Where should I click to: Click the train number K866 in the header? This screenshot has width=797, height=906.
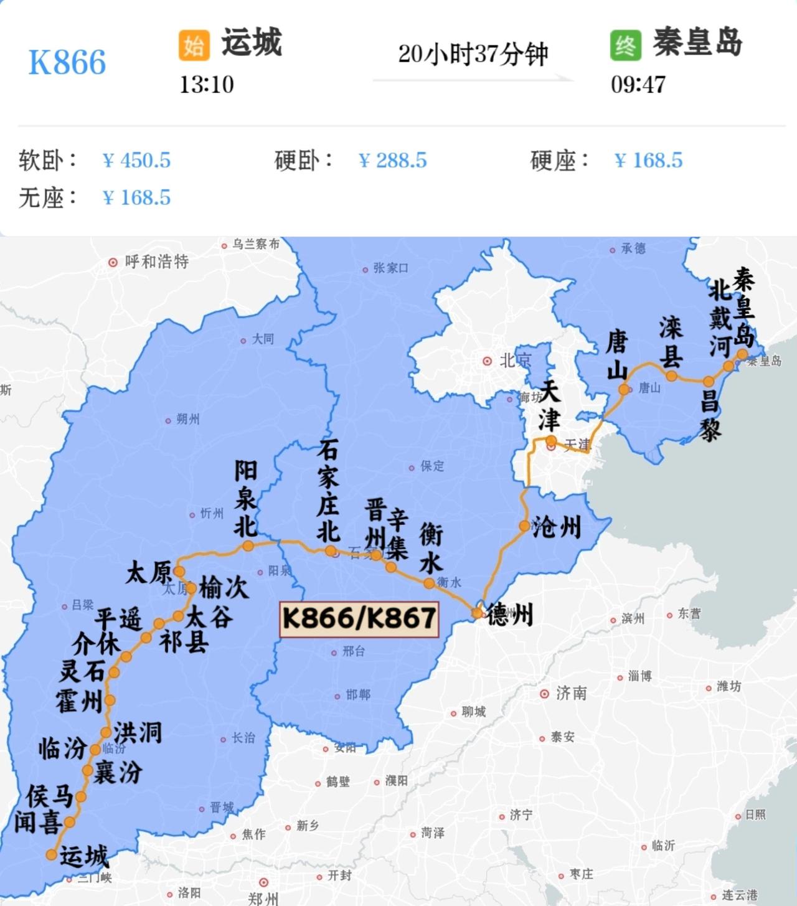tap(67, 62)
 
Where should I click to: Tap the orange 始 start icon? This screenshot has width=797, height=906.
tap(194, 45)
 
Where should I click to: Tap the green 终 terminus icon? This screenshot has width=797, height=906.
tap(625, 45)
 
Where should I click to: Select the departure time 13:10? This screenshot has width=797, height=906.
tap(207, 85)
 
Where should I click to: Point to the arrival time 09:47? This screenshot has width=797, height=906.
tap(638, 85)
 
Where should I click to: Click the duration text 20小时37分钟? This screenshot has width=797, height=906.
tap(473, 54)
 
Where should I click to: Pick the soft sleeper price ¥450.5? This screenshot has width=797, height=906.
tap(136, 161)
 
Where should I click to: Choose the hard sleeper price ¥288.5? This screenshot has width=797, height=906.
tap(393, 161)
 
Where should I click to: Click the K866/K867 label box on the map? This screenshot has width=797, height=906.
tap(359, 619)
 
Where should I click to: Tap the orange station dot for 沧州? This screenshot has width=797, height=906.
tap(525, 526)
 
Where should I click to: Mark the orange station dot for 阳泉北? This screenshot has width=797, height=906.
tap(248, 546)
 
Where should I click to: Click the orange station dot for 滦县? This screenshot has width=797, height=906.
tap(671, 376)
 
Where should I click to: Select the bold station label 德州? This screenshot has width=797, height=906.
tap(510, 615)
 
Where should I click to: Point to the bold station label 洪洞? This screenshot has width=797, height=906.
tap(138, 733)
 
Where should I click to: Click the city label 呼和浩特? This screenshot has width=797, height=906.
tap(156, 262)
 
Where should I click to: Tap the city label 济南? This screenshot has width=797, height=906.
tap(571, 693)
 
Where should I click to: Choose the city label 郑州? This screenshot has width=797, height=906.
tap(263, 897)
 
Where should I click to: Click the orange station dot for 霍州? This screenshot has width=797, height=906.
tap(110, 700)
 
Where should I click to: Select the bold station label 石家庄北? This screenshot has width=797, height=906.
tap(328, 490)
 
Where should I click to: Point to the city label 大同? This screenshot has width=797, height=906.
tap(262, 340)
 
